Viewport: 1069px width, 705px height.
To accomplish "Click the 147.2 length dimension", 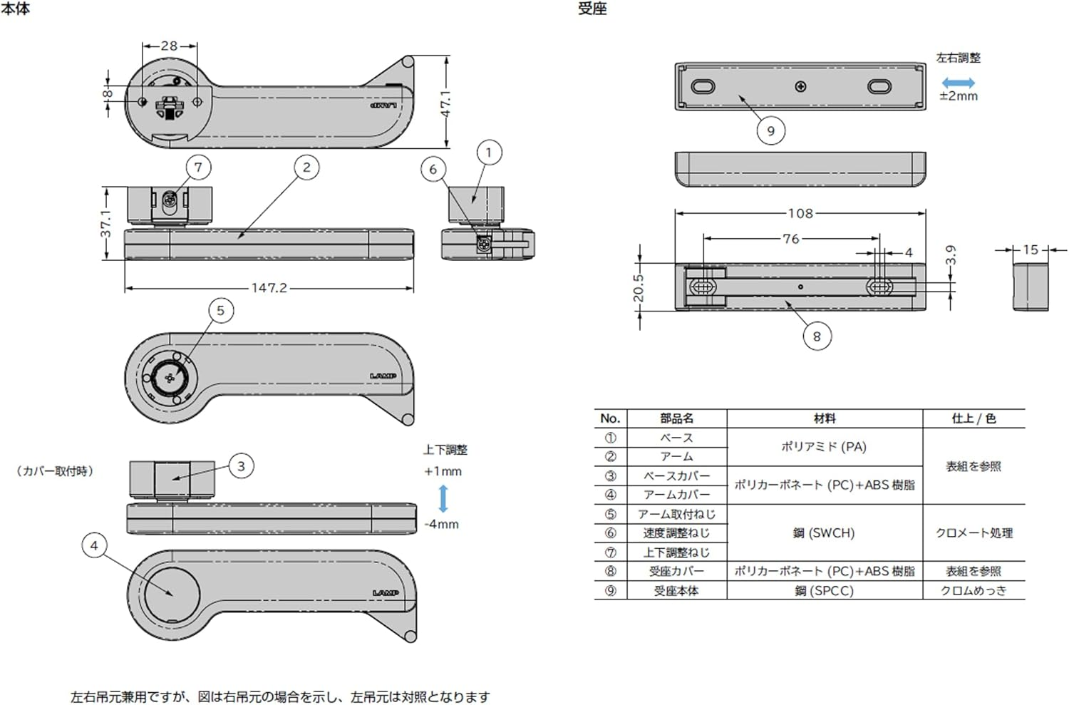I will click(269, 288).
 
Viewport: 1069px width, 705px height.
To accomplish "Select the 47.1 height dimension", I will click(445, 103).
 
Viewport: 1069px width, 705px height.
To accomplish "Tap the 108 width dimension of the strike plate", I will click(800, 213).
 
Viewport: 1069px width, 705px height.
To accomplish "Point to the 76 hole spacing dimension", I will click(790, 239).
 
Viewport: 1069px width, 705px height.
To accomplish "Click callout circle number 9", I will click(770, 131).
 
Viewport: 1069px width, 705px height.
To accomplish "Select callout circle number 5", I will click(220, 311).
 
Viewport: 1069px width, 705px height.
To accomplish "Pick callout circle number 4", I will click(94, 546).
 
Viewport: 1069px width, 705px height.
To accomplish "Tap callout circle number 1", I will click(488, 153).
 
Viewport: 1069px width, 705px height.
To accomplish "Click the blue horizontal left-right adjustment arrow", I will click(958, 83).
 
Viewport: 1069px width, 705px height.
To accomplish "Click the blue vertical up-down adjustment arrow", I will click(443, 498).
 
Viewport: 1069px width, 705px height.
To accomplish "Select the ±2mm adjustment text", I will click(959, 96).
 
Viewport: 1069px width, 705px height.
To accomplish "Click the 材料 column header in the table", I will click(825, 418).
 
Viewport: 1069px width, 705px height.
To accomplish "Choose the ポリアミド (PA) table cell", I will click(824, 447).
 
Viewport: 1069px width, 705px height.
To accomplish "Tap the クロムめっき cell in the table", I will click(974, 590).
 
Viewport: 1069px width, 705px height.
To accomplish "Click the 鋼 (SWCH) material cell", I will click(824, 532).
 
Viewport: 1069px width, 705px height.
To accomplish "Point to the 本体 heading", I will click(15, 9).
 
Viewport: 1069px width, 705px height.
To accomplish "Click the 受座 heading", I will click(592, 9).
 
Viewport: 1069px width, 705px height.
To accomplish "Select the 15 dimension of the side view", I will click(1031, 249).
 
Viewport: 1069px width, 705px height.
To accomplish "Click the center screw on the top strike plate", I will click(800, 87).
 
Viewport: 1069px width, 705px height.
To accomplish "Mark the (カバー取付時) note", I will click(55, 471).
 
